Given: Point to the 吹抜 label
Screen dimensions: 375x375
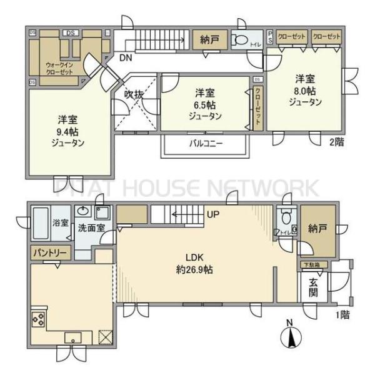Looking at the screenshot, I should (x=134, y=95).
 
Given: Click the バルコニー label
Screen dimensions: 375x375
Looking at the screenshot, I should (x=206, y=143).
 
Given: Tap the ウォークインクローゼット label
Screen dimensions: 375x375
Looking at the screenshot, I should (x=59, y=68).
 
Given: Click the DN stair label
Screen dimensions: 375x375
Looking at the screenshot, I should (x=125, y=57).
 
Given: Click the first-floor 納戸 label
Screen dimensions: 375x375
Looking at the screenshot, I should (x=317, y=229).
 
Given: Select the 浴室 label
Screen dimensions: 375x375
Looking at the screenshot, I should (x=60, y=222).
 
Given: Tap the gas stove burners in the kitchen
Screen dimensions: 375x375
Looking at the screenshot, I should (x=38, y=320).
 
